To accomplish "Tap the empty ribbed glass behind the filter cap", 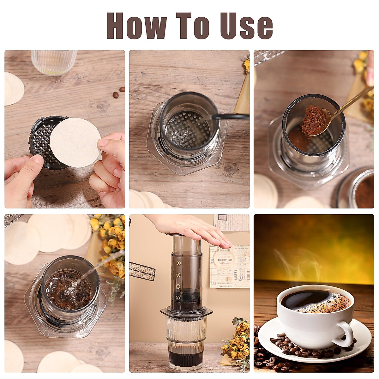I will pyautogui.click(x=54, y=62).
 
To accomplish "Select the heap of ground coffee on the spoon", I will pyautogui.click(x=313, y=120).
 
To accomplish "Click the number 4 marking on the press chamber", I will pyautogui.click(x=178, y=262).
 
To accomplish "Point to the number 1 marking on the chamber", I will pyautogui.click(x=177, y=298).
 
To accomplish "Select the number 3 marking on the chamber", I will pyautogui.click(x=178, y=275).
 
